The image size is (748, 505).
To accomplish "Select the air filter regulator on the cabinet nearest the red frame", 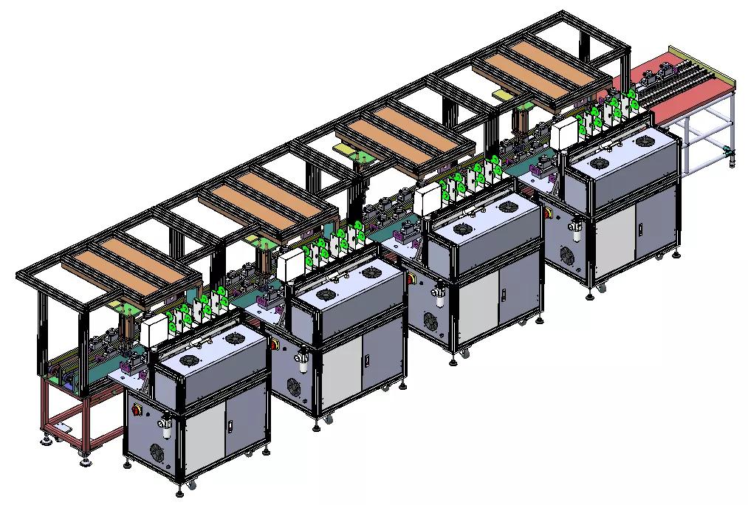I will (x=165, y=426).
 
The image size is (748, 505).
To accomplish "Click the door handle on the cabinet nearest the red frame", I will (x=229, y=426).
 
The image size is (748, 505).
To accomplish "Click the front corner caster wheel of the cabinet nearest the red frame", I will (x=191, y=485).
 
